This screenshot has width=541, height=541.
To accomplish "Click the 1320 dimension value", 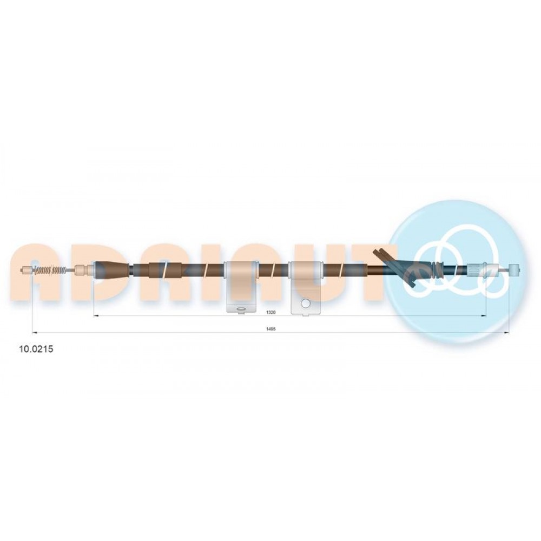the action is point(271,312).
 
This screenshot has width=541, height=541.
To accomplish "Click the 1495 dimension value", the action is point(271,329).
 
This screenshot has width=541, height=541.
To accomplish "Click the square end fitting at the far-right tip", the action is point(514,269).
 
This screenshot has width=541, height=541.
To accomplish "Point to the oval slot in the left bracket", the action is point(241,309).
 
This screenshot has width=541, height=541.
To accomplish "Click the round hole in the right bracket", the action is point(306,304).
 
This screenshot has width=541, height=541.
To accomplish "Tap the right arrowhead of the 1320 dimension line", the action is point(484,315).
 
